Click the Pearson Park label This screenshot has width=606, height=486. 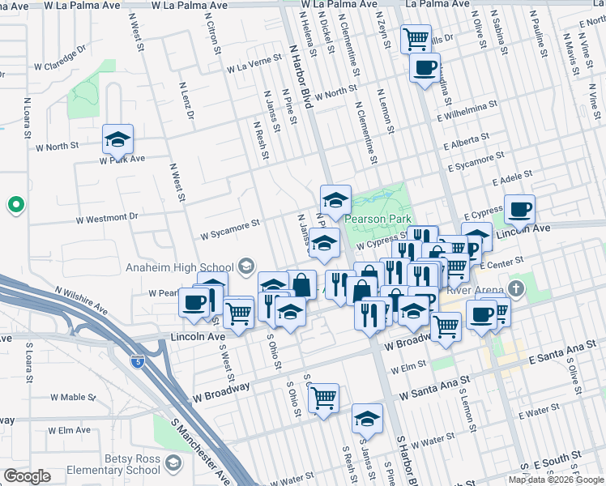coord(378,219)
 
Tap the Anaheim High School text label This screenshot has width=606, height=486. coord(179,267)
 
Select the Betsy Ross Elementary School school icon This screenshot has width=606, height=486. coord(173,463)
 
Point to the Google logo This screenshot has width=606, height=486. coord(27,476)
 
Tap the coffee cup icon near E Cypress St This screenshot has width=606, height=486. coord(519,210)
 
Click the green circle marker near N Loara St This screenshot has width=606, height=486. coord(14,205)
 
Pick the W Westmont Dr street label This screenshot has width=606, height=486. coord(108,218)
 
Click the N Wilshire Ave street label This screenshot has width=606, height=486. coord(81,299)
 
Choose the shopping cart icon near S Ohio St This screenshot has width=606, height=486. coord(323,397)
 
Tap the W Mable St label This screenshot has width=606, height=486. coord(73,397)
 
